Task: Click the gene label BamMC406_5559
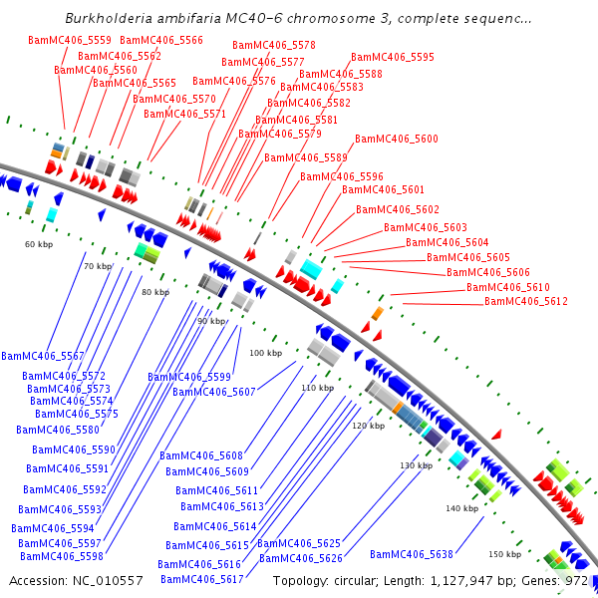tap(70, 40)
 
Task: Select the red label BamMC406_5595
tap(393, 58)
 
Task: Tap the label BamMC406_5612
tap(526, 301)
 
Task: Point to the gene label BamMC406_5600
tap(397, 140)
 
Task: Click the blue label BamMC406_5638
tap(412, 554)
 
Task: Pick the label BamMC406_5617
tap(202, 579)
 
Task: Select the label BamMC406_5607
tap(214, 392)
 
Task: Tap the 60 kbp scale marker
tap(39, 244)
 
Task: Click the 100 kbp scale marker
tap(265, 353)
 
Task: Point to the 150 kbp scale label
tap(504, 554)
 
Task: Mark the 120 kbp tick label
tap(368, 426)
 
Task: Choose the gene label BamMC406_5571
tap(185, 114)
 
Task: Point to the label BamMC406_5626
tap(301, 558)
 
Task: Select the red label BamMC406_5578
tap(274, 46)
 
